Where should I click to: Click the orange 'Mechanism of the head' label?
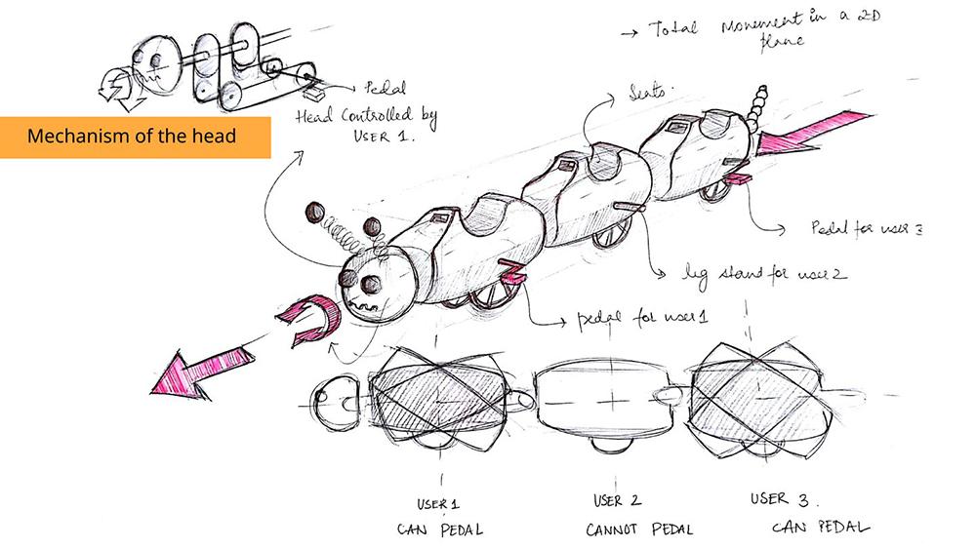click(134, 136)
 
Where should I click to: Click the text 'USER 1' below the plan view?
click(430, 503)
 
